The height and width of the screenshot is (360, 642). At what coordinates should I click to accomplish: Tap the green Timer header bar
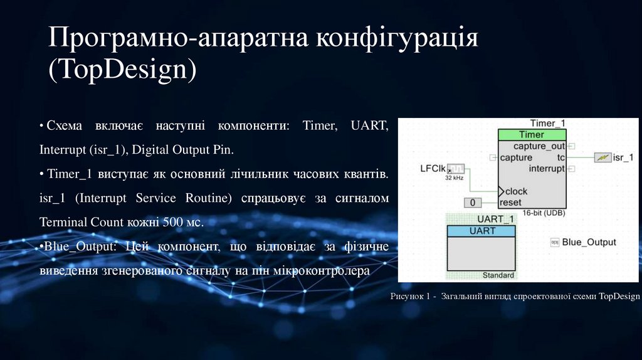click(x=532, y=135)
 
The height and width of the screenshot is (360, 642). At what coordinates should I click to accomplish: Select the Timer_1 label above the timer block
click(x=547, y=124)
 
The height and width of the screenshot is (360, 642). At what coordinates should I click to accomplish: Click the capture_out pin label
click(x=543, y=146)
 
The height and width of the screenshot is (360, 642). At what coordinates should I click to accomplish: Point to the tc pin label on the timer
click(x=560, y=157)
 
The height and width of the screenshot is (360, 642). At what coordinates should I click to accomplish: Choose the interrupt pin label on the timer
click(x=547, y=169)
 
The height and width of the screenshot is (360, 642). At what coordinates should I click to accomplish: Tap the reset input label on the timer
click(x=510, y=203)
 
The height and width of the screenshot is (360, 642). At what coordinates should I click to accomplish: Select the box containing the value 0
click(x=473, y=203)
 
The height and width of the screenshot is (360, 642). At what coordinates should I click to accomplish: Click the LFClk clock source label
click(x=433, y=168)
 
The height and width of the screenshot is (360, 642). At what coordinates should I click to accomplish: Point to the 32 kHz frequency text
click(x=455, y=179)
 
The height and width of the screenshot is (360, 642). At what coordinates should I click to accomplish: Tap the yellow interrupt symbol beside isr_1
click(x=602, y=157)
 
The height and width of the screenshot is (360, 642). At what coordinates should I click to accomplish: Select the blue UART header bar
click(x=481, y=231)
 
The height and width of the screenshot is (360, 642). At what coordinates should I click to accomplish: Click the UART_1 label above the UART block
click(x=495, y=220)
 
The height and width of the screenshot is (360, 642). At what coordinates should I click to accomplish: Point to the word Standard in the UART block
click(x=498, y=275)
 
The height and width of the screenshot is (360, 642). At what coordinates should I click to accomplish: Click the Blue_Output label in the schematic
click(x=589, y=242)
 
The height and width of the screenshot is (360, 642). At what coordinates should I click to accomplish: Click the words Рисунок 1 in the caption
click(x=410, y=296)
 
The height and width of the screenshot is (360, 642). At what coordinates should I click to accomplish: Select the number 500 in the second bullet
click(x=173, y=222)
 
